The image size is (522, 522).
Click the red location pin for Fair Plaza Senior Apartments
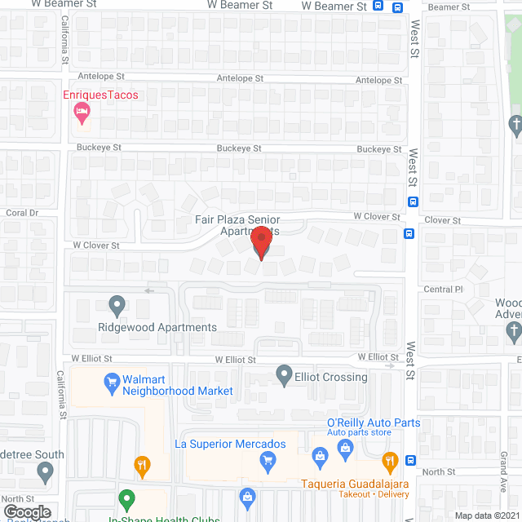coord(261,243)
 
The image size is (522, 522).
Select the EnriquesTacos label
coord(101,95)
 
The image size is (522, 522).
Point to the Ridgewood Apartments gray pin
coord(117,306)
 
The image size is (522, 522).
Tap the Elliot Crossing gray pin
coord(284,375)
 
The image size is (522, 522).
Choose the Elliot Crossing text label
coord(332,377)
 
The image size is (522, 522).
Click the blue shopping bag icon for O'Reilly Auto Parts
coord(346,447)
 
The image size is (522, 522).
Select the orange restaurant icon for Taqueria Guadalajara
coord(390,460)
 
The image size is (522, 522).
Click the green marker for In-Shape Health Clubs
coord(126,498)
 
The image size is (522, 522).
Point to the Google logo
coord(28,512)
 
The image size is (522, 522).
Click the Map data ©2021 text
coord(486,515)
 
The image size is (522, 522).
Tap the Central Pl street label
coord(443,290)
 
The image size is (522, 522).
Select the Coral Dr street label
coord(22,213)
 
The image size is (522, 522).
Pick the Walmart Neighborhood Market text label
coord(178,385)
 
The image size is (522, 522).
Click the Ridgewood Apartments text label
coord(157,328)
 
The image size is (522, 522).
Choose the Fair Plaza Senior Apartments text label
coord(237,225)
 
